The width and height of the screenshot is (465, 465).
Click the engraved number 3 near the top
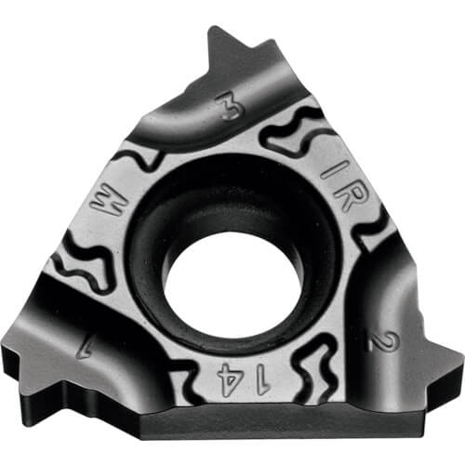pyautogui.click(x=230, y=106)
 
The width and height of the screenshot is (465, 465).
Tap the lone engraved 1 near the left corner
pyautogui.click(x=83, y=350)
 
